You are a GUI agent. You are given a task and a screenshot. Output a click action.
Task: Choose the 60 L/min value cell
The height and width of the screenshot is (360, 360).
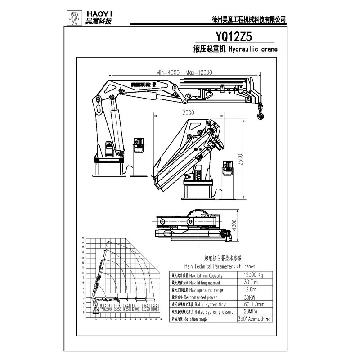pos(250,304)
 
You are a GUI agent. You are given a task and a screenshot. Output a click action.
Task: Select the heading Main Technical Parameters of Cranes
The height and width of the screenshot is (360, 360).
pos(216,266)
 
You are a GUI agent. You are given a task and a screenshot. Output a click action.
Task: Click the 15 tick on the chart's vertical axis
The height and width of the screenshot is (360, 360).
pos(84,238)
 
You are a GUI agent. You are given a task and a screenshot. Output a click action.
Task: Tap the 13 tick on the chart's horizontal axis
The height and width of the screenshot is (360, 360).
pos(161,324)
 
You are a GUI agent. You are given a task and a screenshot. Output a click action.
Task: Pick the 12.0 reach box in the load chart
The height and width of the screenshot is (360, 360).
pos(155,307)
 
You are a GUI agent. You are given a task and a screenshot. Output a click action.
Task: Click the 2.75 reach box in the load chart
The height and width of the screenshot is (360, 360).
pos(107,307)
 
